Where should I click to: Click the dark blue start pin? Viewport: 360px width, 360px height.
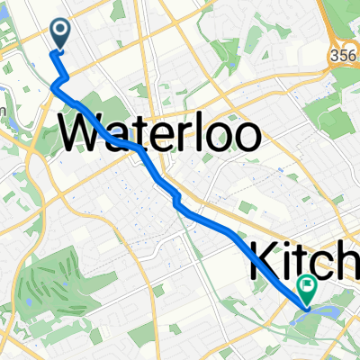click(x=61, y=34)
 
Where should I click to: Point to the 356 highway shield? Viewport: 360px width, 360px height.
click(x=347, y=52)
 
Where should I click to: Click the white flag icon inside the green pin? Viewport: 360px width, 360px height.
click(x=308, y=286)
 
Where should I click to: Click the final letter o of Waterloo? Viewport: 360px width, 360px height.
click(x=247, y=138)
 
